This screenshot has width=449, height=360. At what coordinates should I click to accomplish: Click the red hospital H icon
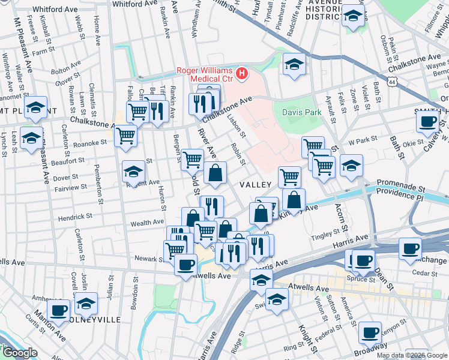click(x=242, y=74)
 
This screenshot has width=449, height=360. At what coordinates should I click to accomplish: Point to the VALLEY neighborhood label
click(x=256, y=185)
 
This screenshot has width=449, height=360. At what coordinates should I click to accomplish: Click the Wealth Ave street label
click(x=147, y=223)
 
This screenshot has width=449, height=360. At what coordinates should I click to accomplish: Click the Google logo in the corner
click(x=19, y=353)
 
